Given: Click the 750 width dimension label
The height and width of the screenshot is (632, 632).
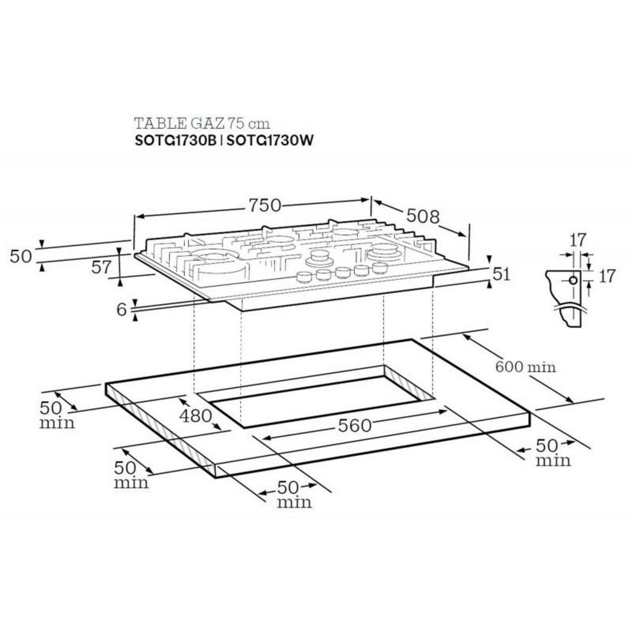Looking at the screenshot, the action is click(x=265, y=205).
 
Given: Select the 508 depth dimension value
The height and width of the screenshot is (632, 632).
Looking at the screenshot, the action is click(x=423, y=216).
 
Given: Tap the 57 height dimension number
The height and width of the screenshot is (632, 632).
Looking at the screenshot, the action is click(x=102, y=268).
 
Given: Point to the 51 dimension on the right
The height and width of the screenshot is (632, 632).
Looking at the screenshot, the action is click(x=502, y=274).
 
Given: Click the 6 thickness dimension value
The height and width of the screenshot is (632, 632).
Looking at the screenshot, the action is click(x=122, y=309).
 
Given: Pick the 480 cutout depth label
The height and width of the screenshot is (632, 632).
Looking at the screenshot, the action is click(x=196, y=417).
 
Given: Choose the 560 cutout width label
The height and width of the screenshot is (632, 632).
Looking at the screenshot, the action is click(x=354, y=426).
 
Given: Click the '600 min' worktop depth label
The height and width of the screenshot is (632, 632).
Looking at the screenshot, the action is click(x=526, y=367).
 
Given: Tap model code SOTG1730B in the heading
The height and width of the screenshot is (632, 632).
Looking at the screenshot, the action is click(x=175, y=141).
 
